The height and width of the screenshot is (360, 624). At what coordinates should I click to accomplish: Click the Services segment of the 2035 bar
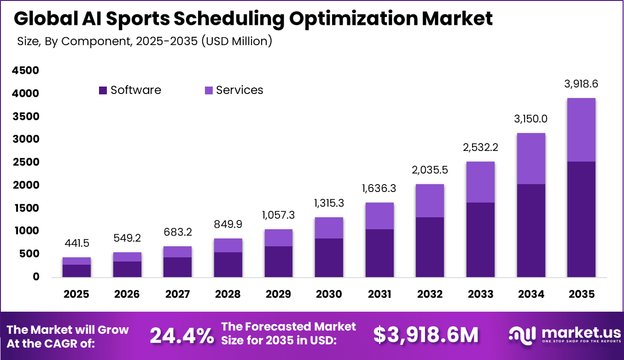click(581, 130)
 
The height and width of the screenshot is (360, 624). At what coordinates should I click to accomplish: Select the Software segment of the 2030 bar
click(329, 258)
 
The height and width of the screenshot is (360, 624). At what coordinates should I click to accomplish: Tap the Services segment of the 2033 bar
click(480, 182)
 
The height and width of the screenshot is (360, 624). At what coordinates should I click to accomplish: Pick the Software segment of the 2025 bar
click(76, 271)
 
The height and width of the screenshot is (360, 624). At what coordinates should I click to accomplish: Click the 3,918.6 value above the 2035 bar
click(581, 84)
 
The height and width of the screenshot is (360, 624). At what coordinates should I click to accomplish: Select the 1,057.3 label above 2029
click(278, 215)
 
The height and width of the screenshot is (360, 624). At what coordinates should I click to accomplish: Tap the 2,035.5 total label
click(430, 170)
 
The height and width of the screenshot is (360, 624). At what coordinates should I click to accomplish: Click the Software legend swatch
click(103, 90)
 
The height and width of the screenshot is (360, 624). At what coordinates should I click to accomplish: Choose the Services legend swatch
click(209, 90)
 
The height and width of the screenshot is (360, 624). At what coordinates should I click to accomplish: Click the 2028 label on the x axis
click(228, 294)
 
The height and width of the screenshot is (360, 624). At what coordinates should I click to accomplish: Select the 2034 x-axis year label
click(531, 294)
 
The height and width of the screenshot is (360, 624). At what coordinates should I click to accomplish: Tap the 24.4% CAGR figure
click(181, 336)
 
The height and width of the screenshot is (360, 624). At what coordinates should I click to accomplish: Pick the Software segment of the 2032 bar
click(430, 247)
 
